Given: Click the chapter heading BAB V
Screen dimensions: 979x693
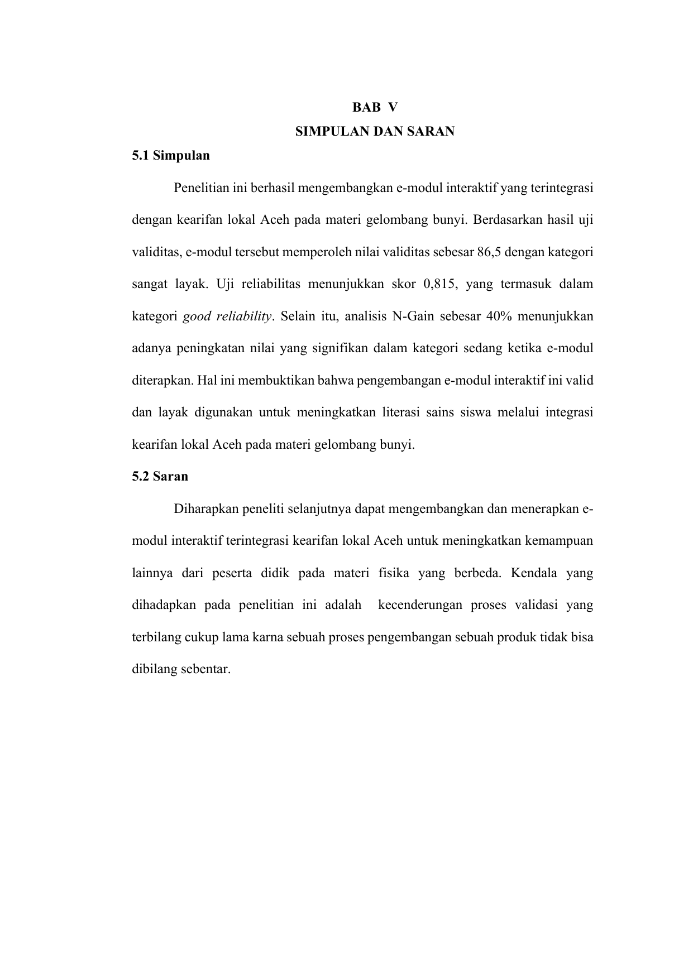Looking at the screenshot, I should pyautogui.click(x=375, y=107).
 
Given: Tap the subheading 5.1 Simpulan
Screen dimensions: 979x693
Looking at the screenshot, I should pyautogui.click(x=171, y=156).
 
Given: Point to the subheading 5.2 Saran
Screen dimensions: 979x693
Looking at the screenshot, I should pyautogui.click(x=160, y=477).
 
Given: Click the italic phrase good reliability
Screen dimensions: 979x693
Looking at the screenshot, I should pyautogui.click(x=227, y=317).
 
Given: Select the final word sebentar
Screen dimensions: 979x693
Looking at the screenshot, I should pyautogui.click(x=205, y=670).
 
